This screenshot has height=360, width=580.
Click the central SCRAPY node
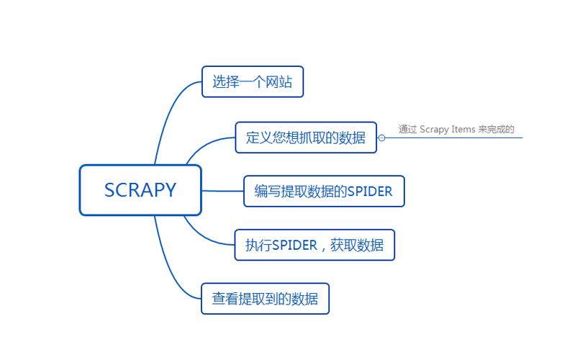click(x=140, y=190)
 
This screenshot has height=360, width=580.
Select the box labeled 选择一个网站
click(x=253, y=81)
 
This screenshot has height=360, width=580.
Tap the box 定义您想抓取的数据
click(x=306, y=138)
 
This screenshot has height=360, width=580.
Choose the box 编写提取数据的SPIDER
click(x=324, y=191)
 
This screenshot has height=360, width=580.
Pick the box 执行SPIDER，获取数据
click(x=314, y=245)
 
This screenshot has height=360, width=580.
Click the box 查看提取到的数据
click(x=265, y=298)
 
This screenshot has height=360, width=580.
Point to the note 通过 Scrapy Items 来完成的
click(x=456, y=130)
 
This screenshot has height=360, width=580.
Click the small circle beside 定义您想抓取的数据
click(x=382, y=138)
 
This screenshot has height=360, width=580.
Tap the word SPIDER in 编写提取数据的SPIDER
click(x=370, y=191)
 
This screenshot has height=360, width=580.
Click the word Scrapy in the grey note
click(x=434, y=130)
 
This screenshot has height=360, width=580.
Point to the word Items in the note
click(x=463, y=130)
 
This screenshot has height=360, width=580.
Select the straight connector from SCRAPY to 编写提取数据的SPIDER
click(x=223, y=191)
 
